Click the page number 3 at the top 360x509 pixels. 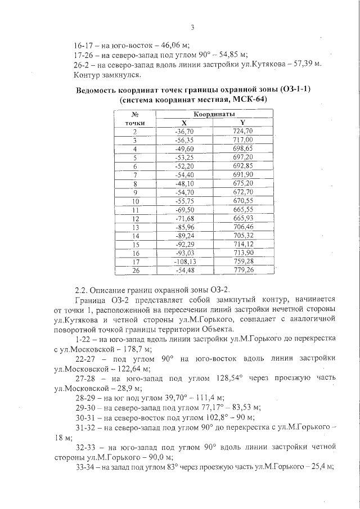point(192,27)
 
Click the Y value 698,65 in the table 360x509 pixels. point(242,148)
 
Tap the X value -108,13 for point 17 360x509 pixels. point(183,262)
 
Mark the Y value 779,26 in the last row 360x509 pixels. point(242,271)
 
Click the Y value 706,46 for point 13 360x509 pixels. point(242,227)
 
